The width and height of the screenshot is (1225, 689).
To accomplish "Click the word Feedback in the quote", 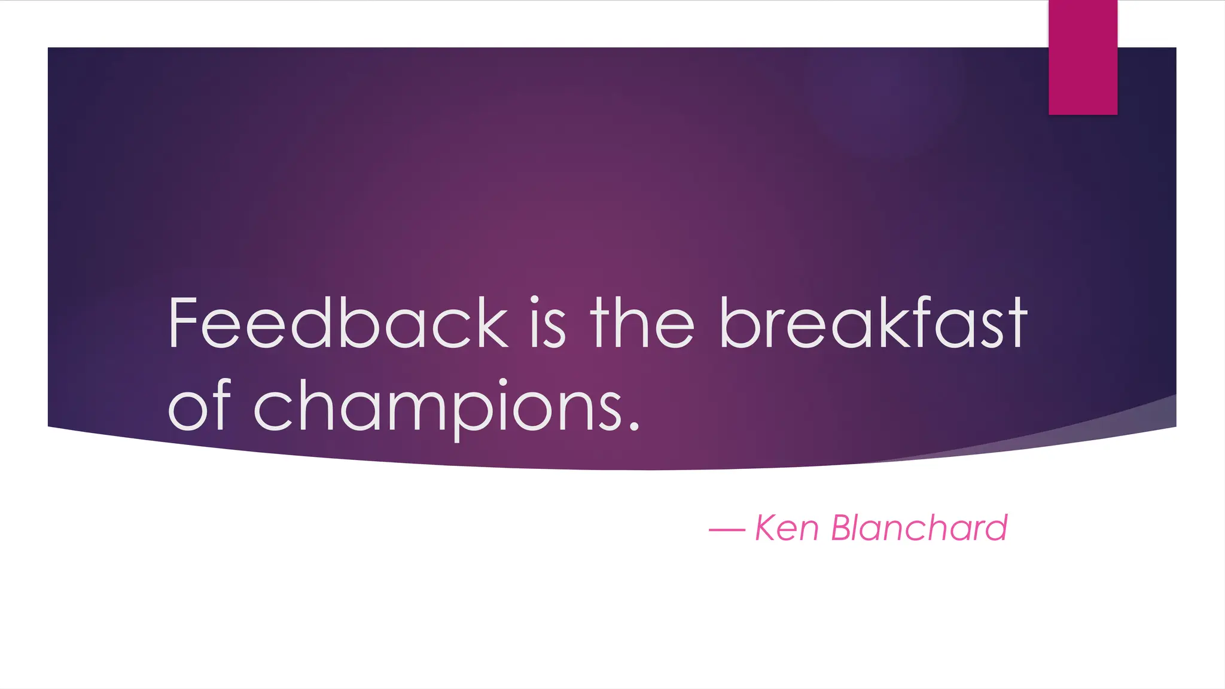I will point(338,323).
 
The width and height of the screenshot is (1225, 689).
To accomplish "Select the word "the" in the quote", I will point(642,323).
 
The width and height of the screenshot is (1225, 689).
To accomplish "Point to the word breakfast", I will point(873,323).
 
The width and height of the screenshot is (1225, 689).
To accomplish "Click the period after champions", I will point(634,426).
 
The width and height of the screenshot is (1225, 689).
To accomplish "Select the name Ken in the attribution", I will point(787,528).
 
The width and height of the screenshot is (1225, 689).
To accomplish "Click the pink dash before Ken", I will point(727,530).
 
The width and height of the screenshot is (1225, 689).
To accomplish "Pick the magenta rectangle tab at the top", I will point(1083,57).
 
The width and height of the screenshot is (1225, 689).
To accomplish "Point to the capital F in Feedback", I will point(182,323).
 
